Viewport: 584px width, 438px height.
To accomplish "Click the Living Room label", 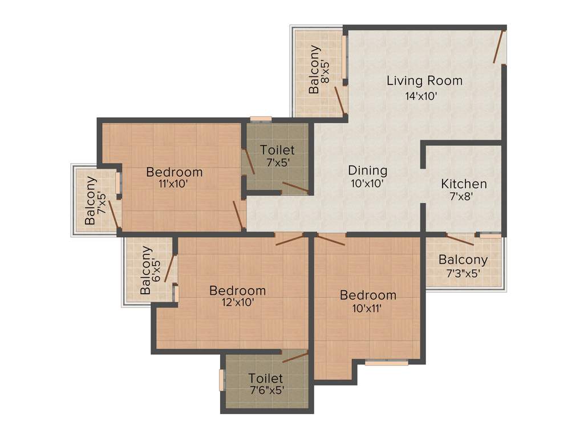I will [x=424, y=80].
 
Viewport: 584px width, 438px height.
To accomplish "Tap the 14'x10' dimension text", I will [x=421, y=96].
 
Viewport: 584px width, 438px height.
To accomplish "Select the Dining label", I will [x=367, y=170].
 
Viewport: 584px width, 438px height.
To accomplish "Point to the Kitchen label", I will [x=464, y=184].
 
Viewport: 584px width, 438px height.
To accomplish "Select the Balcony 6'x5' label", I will [x=151, y=270].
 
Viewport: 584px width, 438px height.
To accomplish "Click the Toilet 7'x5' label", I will [x=277, y=156].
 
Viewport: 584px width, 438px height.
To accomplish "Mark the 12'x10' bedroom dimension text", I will [x=238, y=303].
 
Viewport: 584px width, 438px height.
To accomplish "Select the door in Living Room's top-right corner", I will [x=499, y=47].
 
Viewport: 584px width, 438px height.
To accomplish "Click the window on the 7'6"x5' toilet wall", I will [x=222, y=380].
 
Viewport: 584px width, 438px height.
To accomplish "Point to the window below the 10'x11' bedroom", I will [x=386, y=362].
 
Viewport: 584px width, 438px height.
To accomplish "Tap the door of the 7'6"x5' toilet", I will [x=295, y=358].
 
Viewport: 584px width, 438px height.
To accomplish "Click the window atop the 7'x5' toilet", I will [x=261, y=119].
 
